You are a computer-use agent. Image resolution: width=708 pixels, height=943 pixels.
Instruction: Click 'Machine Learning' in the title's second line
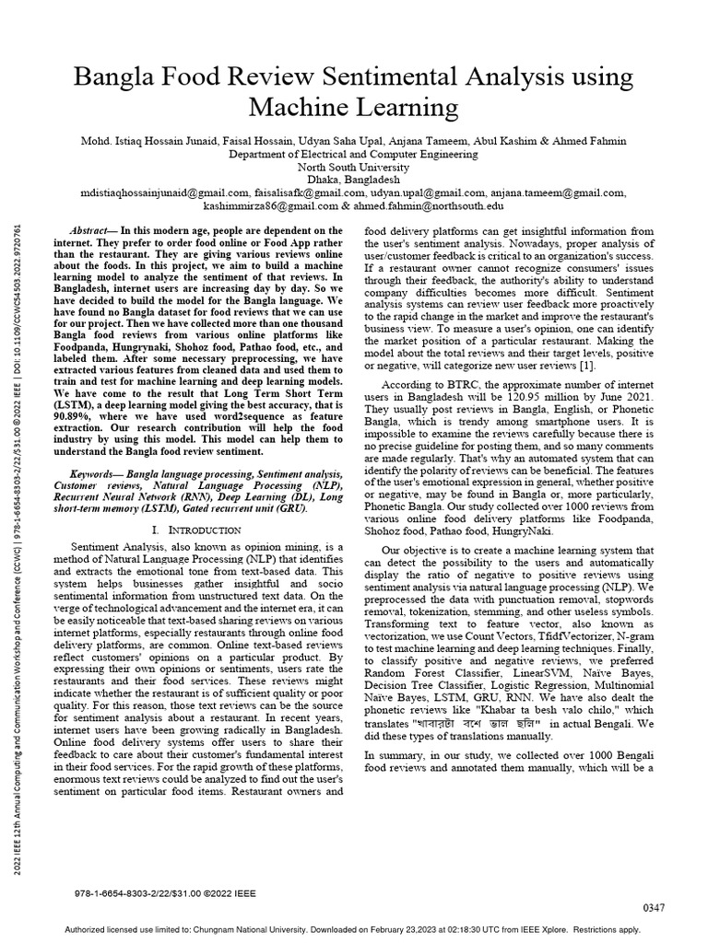[x=354, y=107]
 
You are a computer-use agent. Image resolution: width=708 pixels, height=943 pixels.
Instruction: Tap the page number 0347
[x=653, y=908]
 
